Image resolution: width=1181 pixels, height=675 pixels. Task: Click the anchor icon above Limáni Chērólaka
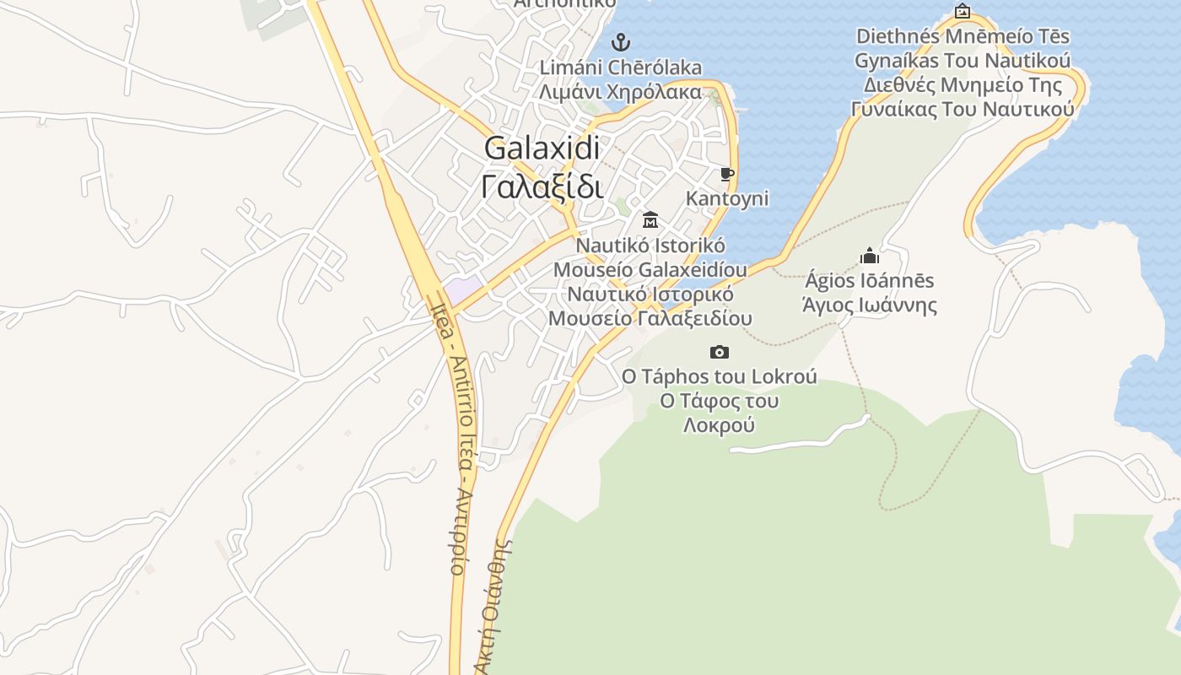tap(621, 41)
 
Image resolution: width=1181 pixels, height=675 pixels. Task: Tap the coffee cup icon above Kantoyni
tap(727, 175)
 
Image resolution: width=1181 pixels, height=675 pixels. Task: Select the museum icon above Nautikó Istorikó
tap(650, 220)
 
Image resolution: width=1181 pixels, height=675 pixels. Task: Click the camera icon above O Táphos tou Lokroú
tap(720, 352)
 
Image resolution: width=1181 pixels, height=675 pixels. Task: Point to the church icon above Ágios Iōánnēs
tap(870, 256)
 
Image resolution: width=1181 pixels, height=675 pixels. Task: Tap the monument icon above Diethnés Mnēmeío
tap(963, 12)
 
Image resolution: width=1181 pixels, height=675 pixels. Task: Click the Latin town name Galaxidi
tap(542, 148)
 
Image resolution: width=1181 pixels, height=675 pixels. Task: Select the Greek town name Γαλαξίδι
tap(542, 186)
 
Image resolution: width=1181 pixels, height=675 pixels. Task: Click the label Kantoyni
tap(727, 198)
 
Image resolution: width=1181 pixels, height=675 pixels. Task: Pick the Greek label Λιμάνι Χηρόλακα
tap(621, 91)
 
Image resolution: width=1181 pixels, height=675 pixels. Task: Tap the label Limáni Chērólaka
tap(621, 67)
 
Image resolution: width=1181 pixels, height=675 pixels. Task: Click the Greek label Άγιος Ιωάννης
tap(870, 305)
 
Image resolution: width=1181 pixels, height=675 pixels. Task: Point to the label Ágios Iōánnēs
tap(870, 280)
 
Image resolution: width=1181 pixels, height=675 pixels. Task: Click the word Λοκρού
tap(719, 425)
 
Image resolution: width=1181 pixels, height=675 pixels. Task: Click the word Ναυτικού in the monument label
tap(1027, 110)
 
